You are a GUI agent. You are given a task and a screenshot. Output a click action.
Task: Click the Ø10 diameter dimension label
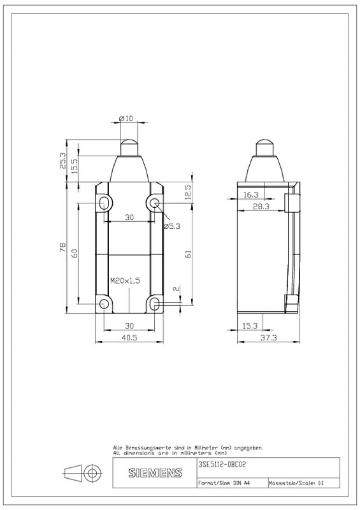(126, 119)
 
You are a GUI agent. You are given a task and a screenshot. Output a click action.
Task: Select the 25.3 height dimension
(62, 161)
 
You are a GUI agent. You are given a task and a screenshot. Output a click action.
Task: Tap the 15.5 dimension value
(75, 166)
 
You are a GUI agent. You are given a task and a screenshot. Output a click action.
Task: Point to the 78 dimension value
(63, 247)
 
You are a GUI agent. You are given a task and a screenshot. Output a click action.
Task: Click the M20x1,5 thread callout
(125, 280)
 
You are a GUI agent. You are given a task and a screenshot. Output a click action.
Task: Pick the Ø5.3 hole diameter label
(171, 226)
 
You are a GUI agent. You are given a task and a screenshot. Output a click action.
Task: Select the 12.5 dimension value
(189, 193)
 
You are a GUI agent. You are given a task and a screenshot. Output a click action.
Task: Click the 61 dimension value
(189, 254)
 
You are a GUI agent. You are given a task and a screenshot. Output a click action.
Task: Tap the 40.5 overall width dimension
(129, 338)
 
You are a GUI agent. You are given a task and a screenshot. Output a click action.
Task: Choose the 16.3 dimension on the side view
(251, 194)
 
